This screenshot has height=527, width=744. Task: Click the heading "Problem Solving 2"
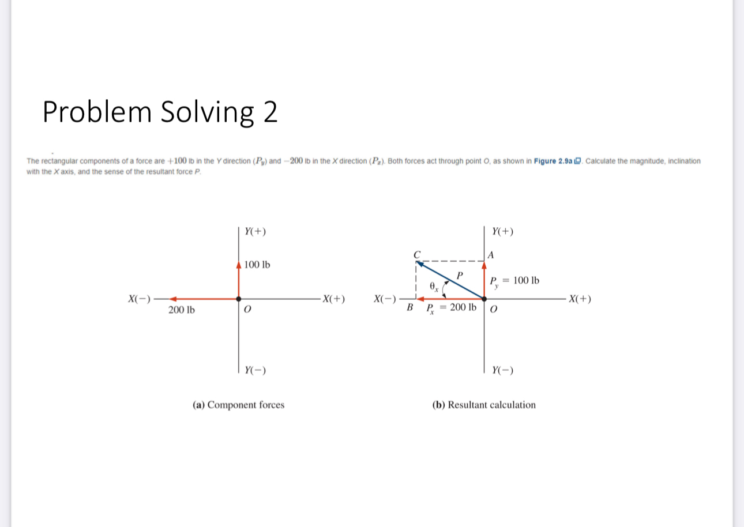(160, 112)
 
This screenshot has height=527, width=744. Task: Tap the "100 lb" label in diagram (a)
(257, 265)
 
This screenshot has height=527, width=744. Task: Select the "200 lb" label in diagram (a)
(182, 311)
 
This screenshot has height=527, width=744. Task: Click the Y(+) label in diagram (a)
(255, 232)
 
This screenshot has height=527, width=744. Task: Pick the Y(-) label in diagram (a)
(255, 370)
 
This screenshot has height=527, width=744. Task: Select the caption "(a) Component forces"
(238, 405)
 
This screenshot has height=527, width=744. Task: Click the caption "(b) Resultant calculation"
(484, 405)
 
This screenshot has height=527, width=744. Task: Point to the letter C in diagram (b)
(416, 254)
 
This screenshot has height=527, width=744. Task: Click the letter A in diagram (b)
(491, 254)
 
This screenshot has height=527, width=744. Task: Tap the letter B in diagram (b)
(410, 308)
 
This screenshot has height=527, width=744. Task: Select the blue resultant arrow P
(450, 280)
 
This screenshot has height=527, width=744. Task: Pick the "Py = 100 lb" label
(514, 281)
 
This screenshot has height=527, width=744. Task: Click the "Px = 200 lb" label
(451, 308)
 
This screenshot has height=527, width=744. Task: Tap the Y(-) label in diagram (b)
(503, 370)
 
